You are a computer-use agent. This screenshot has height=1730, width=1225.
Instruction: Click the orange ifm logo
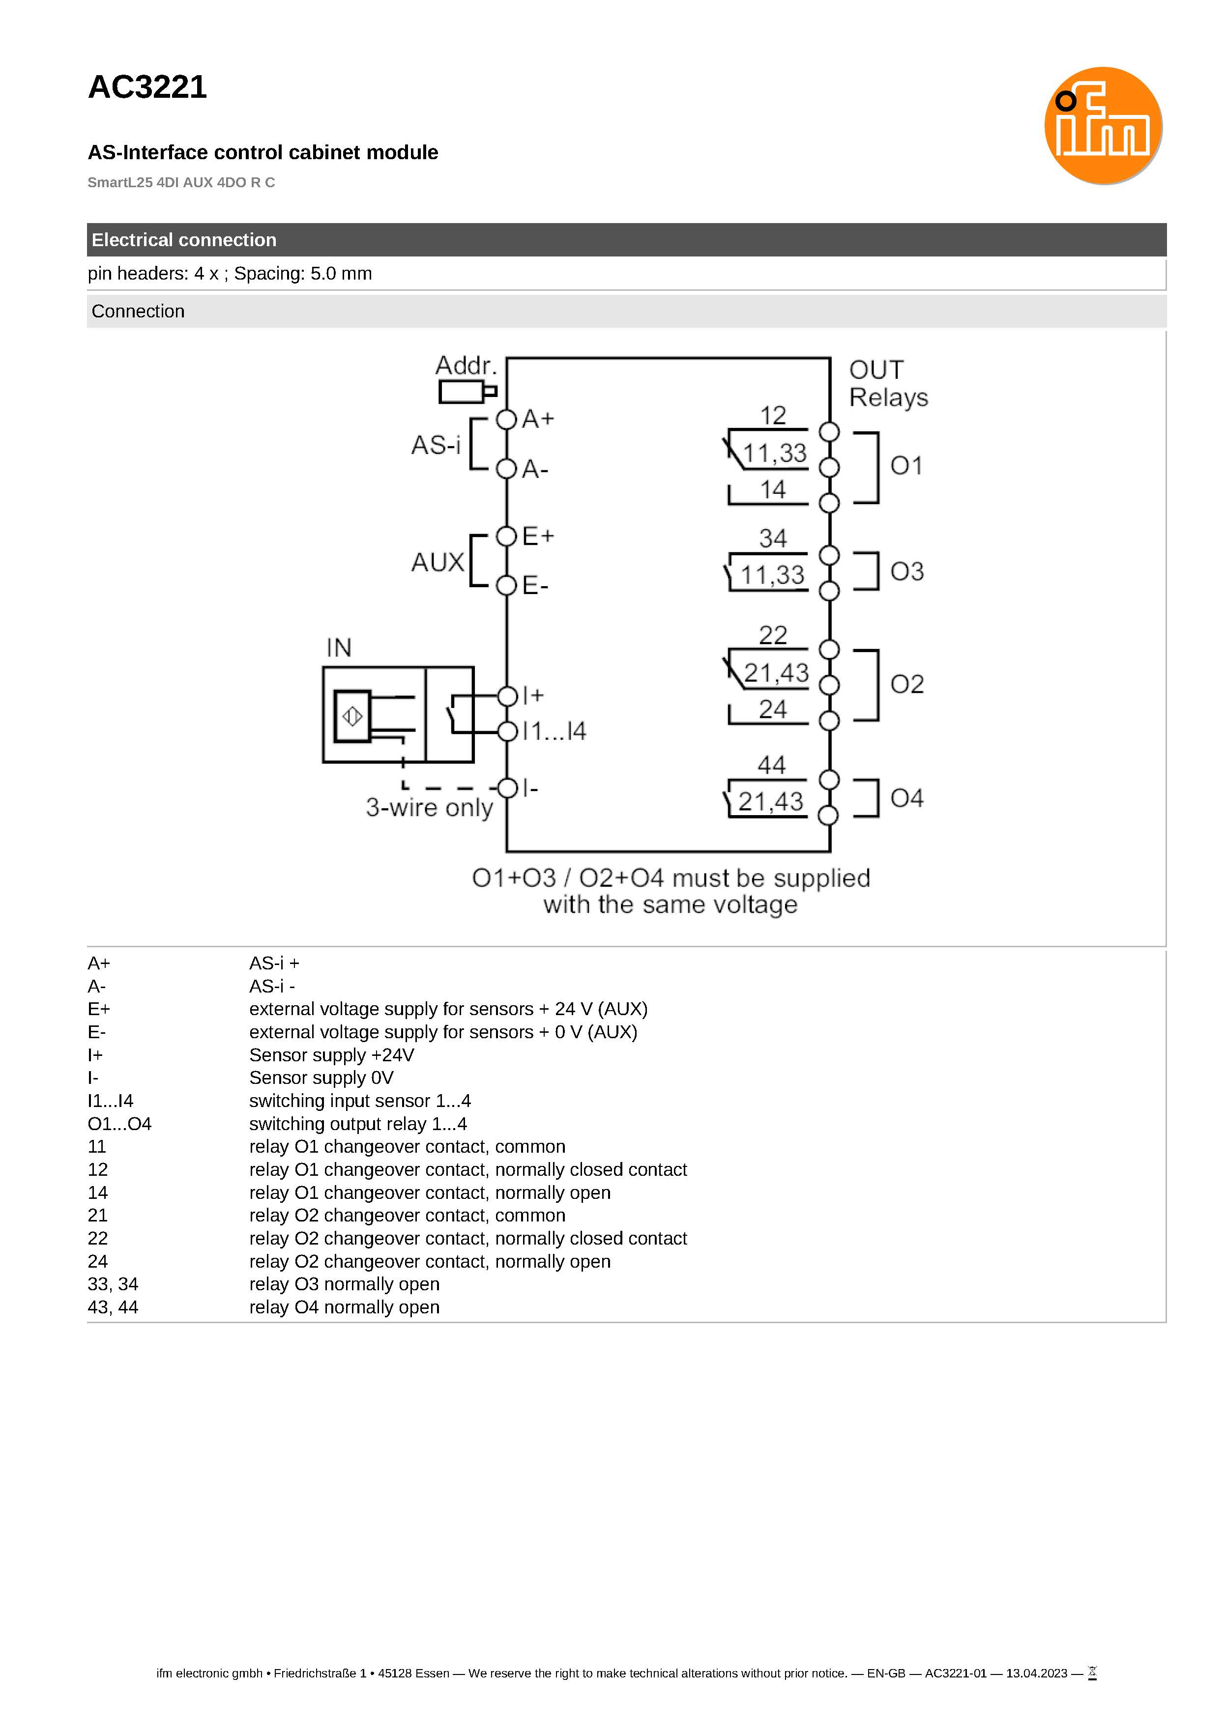coord(1103,125)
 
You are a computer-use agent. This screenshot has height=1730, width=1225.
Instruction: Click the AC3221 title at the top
coord(147,87)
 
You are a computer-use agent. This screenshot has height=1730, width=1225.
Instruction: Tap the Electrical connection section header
coord(184,240)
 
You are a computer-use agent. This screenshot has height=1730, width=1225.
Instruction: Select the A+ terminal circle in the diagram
coord(506,419)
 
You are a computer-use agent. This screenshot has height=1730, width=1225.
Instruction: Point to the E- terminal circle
coord(506,585)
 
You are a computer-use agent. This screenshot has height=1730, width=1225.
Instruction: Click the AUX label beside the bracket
coord(437,563)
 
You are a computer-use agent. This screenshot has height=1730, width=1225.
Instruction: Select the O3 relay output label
coord(906,571)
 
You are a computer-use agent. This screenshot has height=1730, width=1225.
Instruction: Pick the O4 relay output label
coord(906,798)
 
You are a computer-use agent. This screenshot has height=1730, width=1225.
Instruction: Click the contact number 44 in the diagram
coord(772,765)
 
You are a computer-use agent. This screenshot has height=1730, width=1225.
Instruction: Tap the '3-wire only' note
coord(429,807)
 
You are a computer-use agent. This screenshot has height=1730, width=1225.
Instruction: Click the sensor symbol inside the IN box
coord(352,716)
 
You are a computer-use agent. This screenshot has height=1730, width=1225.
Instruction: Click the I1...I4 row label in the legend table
coord(110,1101)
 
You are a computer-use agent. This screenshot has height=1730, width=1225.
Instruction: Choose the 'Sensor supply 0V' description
coord(321,1078)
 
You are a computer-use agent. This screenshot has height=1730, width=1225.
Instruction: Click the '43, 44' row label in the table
coord(113,1307)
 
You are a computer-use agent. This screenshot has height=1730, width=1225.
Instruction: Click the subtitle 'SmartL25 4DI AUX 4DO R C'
coord(181,182)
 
